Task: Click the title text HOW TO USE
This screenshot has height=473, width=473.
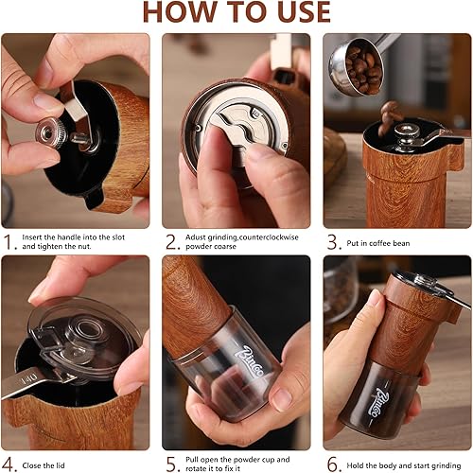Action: pyautogui.click(x=236, y=11)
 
